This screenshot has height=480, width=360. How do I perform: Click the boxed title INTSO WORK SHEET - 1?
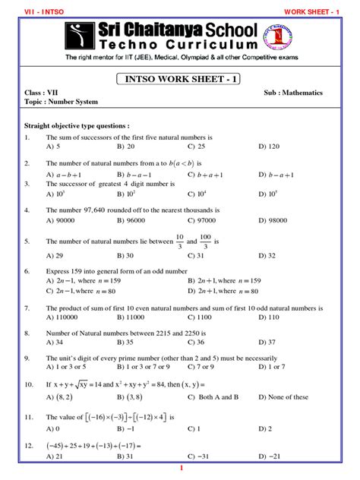click(x=179, y=79)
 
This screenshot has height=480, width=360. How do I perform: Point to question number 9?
click(x=28, y=358)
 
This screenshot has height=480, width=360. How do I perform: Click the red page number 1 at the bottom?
click(x=180, y=468)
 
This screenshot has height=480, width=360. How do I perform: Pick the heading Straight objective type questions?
click(x=77, y=125)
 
